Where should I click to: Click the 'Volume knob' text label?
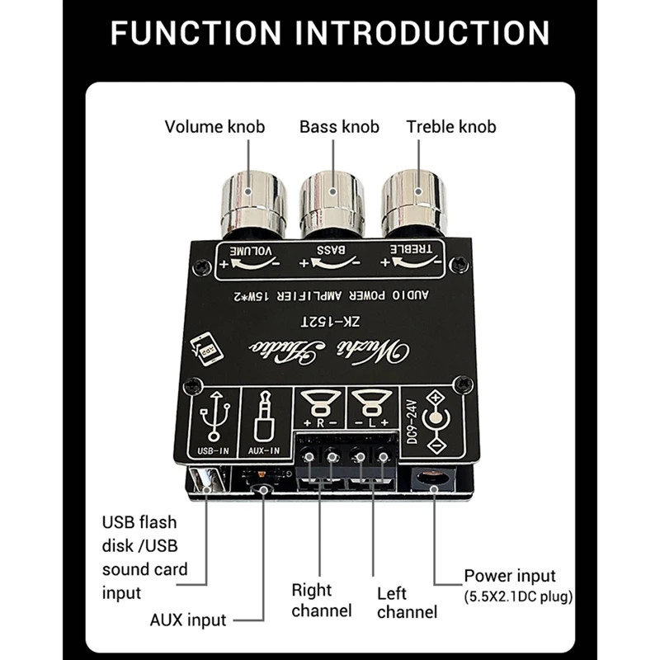[x=214, y=126]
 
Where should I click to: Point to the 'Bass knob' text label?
[x=339, y=126]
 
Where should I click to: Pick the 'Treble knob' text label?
[x=451, y=126]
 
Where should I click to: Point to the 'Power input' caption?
[x=510, y=576]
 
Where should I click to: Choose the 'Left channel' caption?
[x=406, y=602]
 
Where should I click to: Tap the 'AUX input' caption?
[x=187, y=620]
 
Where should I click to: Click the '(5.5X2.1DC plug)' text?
[x=518, y=596]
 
